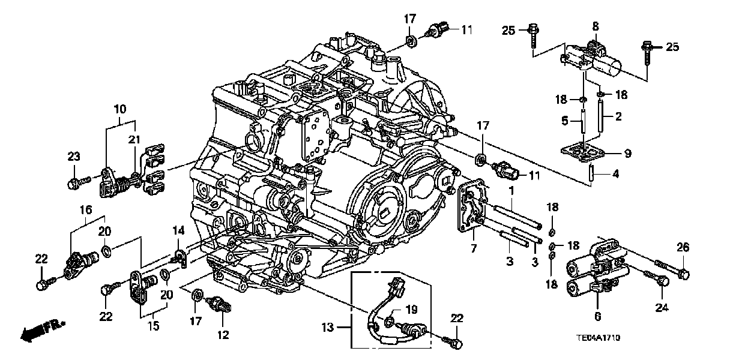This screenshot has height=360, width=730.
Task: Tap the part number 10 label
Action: click(119, 110)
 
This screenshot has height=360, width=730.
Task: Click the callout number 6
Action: click(597, 316)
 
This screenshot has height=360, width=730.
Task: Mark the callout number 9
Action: click(627, 154)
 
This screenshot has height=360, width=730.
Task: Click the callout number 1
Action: click(512, 191)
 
